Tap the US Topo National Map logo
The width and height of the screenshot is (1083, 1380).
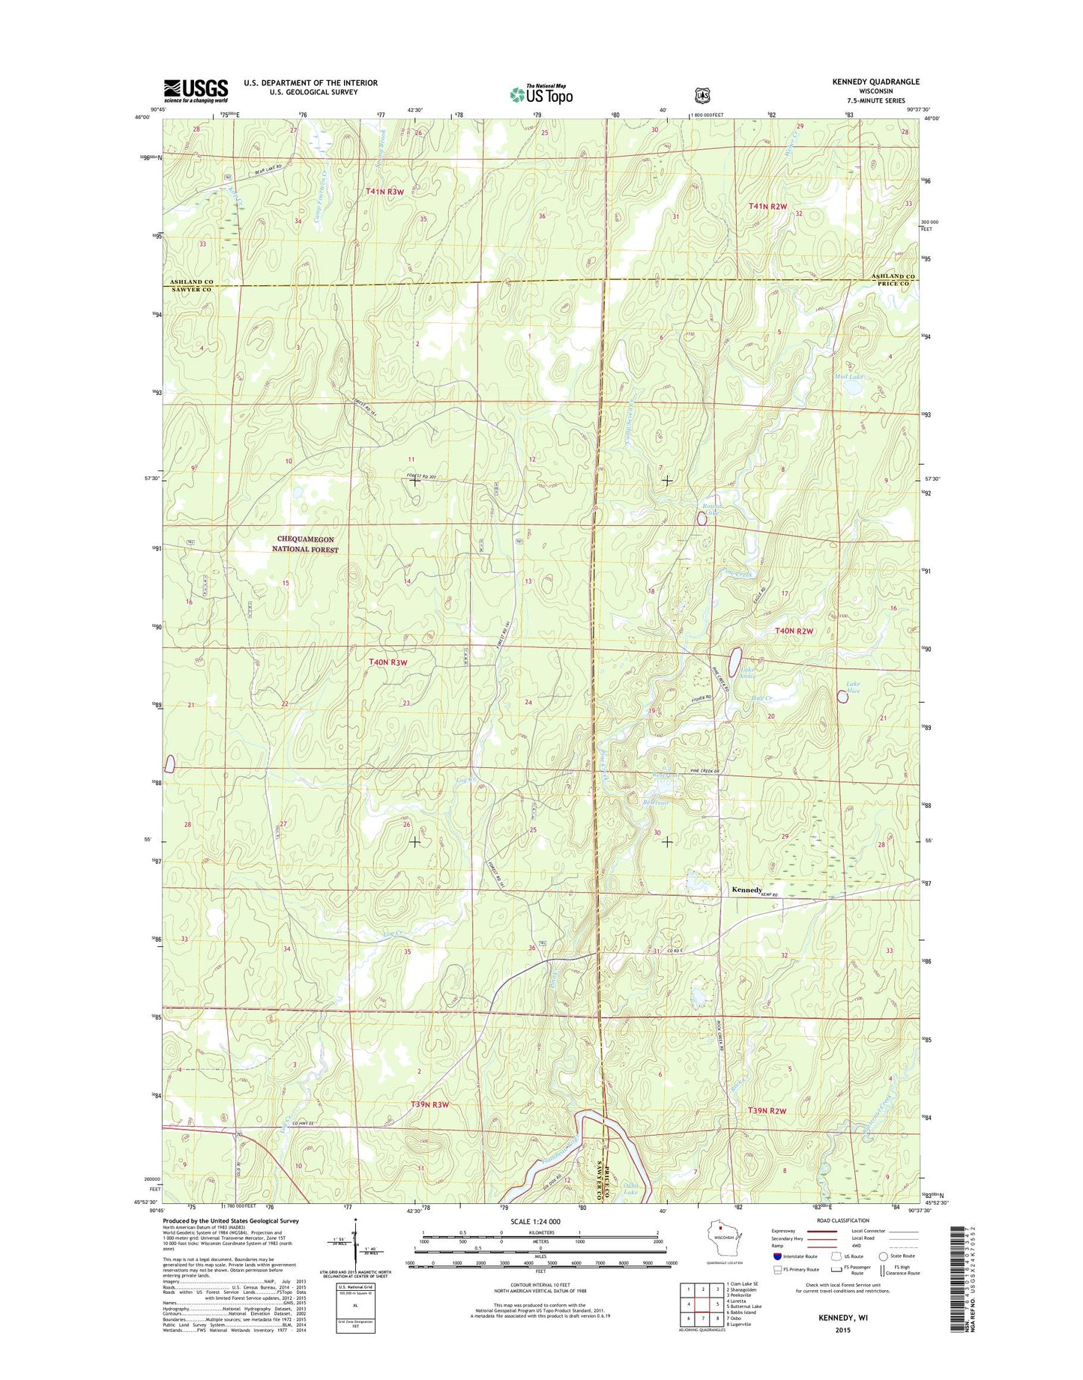pyautogui.click(x=541, y=94)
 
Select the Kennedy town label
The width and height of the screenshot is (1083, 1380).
pyautogui.click(x=746, y=890)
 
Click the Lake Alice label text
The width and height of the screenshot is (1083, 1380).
pyautogui.click(x=853, y=687)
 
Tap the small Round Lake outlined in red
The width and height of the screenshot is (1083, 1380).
pyautogui.click(x=702, y=518)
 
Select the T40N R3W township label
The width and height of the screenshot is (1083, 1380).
pyautogui.click(x=388, y=662)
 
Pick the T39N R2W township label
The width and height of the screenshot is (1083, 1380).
pyautogui.click(x=767, y=1110)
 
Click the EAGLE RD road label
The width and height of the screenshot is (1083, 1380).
pyautogui.click(x=759, y=599)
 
